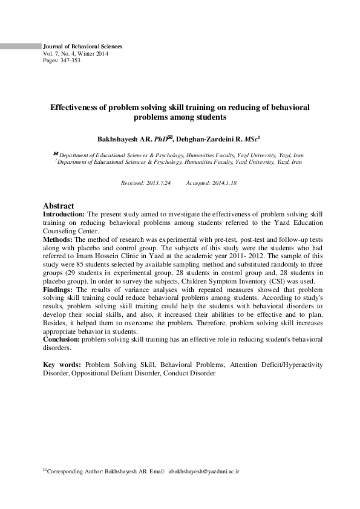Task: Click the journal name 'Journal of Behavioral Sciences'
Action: click(x=82, y=46)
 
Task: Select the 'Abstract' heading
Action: click(x=59, y=206)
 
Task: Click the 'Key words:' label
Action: click(x=62, y=365)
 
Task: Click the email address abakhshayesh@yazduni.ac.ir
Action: click(x=205, y=470)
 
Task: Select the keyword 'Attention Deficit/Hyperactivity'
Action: click(x=275, y=365)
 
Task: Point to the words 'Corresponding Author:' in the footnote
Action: click(x=74, y=470)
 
